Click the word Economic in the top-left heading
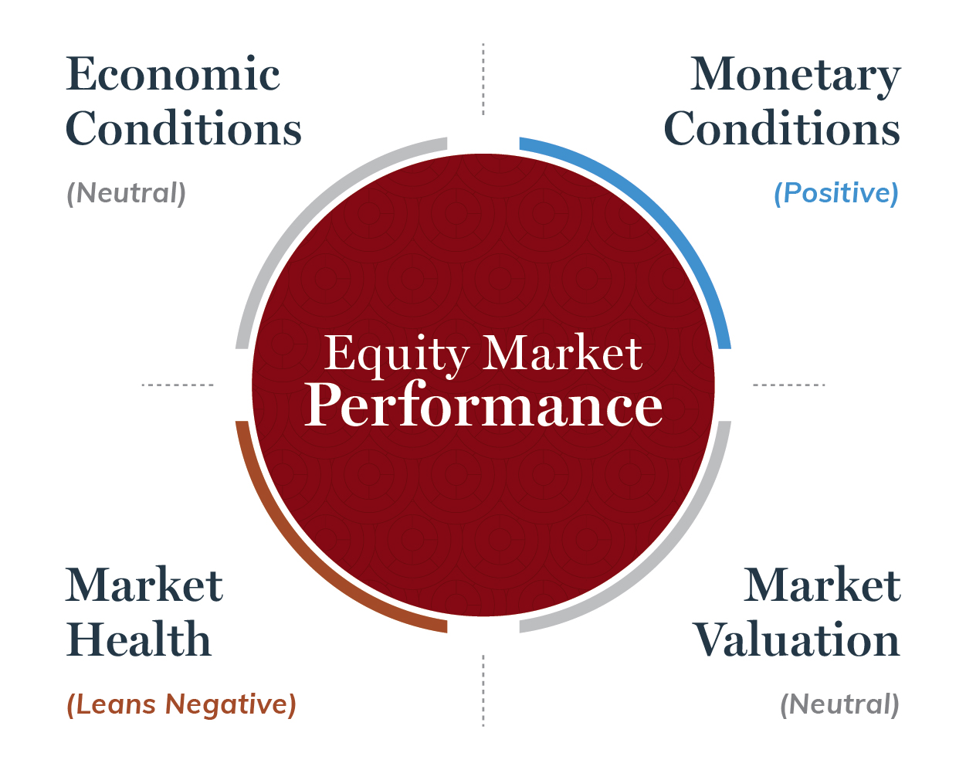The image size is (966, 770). tap(173, 74)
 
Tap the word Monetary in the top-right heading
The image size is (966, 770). tap(795, 76)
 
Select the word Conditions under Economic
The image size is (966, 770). tap(183, 128)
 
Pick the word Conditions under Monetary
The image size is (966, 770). tap(781, 128)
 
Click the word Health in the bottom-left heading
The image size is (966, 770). tap(138, 639)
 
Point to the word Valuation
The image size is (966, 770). tap(796, 639)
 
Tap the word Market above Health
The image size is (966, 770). tap(144, 584)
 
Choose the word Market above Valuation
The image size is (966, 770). tap(822, 584)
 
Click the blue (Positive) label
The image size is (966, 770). tap(836, 194)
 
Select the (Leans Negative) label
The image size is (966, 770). tap(181, 704)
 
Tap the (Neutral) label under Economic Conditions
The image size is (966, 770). tap(126, 194)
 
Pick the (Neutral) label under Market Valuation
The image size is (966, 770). tap(839, 704)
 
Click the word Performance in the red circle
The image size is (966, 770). tap(483, 404)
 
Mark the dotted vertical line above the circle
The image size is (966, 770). tap(483, 79)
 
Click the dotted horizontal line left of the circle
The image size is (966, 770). tap(178, 385)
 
